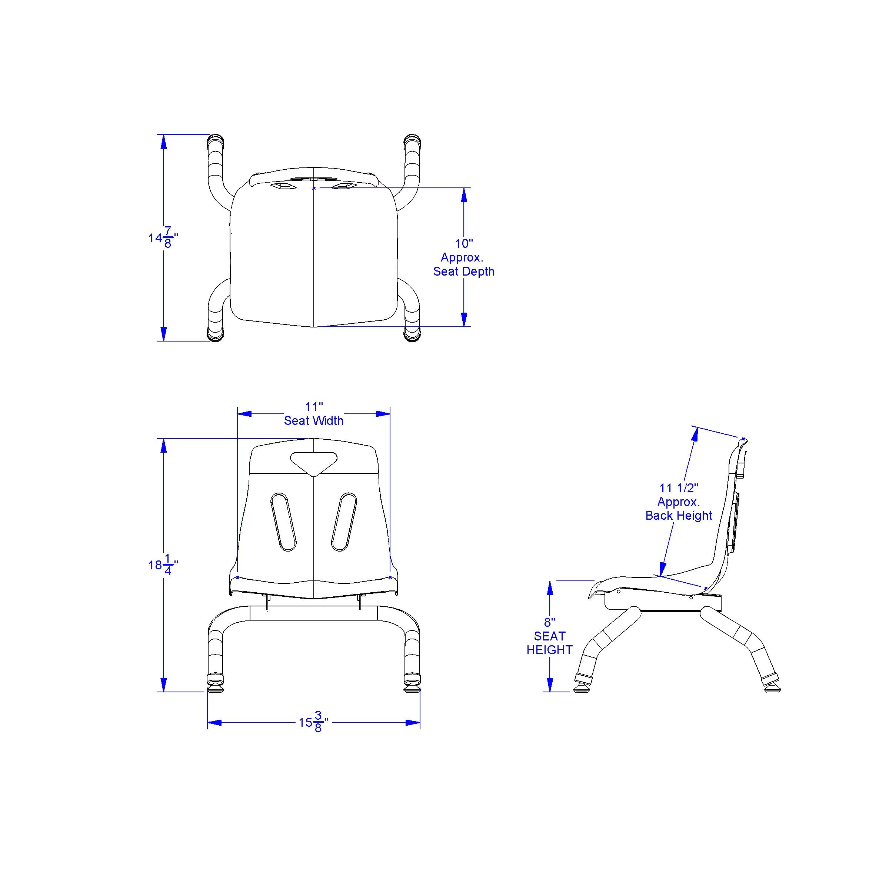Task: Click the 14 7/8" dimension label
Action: point(163,237)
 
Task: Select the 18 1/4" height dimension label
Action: point(163,565)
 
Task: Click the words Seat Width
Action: point(313,420)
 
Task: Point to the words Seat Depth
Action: point(464,272)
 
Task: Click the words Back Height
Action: point(679,515)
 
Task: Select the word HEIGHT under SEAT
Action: point(549,650)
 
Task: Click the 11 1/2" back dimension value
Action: point(679,488)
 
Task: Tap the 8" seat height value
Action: point(549,622)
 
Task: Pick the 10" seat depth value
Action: point(464,243)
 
